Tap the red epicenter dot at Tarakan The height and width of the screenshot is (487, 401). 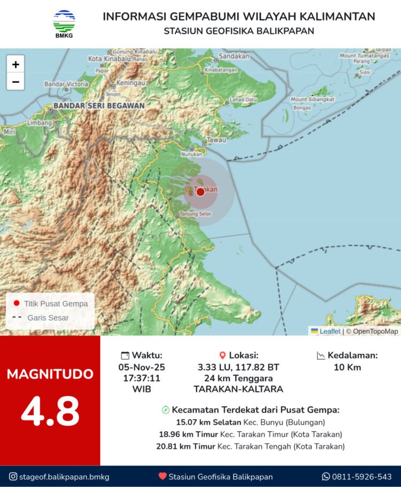200,191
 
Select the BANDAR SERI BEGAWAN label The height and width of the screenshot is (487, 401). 99,106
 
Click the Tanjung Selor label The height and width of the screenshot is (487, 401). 196,214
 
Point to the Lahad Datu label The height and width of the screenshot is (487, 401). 243,100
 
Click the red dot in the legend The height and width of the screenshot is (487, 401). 17,303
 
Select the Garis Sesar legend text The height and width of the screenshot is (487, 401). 48,318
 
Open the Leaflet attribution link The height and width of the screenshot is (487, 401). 329,331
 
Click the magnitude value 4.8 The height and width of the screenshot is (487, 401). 50,411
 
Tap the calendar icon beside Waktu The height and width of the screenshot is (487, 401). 125,355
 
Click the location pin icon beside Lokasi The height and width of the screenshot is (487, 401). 223,355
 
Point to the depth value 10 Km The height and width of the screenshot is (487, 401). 348,368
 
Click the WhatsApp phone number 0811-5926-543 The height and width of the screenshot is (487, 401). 362,476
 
